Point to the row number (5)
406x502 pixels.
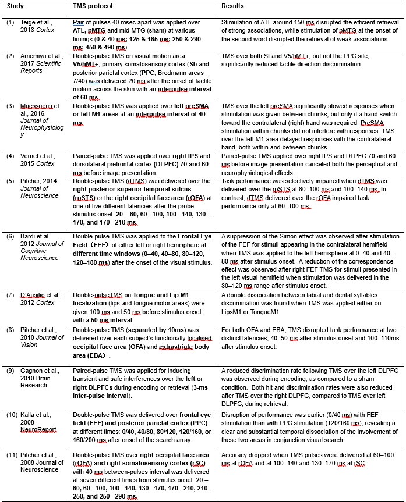pyautogui.click(x=10, y=182)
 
